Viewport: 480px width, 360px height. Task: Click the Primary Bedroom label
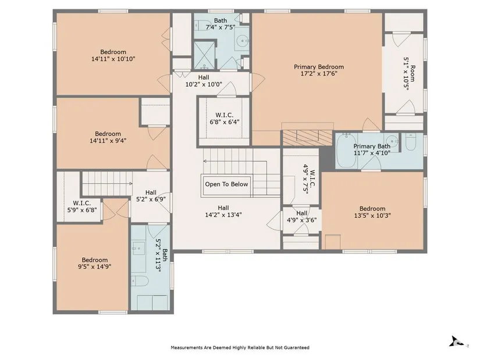(x=319, y=67)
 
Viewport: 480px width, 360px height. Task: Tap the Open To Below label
(x=226, y=184)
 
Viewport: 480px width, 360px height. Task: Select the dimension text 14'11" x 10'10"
(x=113, y=59)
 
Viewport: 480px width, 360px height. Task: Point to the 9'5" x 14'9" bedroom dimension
(x=95, y=266)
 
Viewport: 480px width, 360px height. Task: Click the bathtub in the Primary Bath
(x=347, y=150)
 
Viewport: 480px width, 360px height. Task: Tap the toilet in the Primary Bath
(x=411, y=142)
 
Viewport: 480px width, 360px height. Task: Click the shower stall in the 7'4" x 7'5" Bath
(x=204, y=55)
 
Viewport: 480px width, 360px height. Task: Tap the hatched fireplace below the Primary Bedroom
(x=307, y=138)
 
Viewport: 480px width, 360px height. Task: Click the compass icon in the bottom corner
(x=457, y=341)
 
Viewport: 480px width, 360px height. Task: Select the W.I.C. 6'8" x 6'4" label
(x=225, y=119)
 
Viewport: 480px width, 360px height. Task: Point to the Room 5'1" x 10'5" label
(x=409, y=72)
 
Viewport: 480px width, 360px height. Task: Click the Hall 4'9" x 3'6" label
(x=302, y=216)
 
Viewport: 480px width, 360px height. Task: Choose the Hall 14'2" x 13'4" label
(x=223, y=211)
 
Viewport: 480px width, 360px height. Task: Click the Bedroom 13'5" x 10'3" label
(x=372, y=212)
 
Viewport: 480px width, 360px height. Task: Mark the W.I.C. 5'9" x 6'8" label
(x=82, y=206)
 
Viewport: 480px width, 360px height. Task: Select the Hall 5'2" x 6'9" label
(x=151, y=196)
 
